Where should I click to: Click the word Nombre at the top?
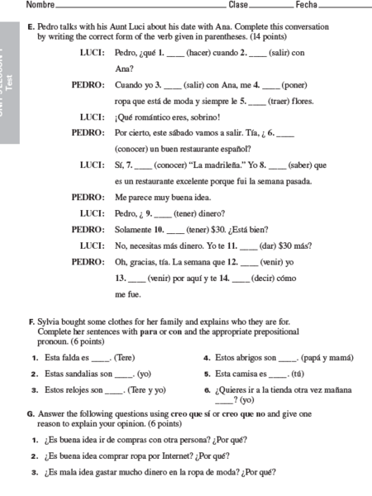[x=40, y=5]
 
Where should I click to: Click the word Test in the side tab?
[x=9, y=80]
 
